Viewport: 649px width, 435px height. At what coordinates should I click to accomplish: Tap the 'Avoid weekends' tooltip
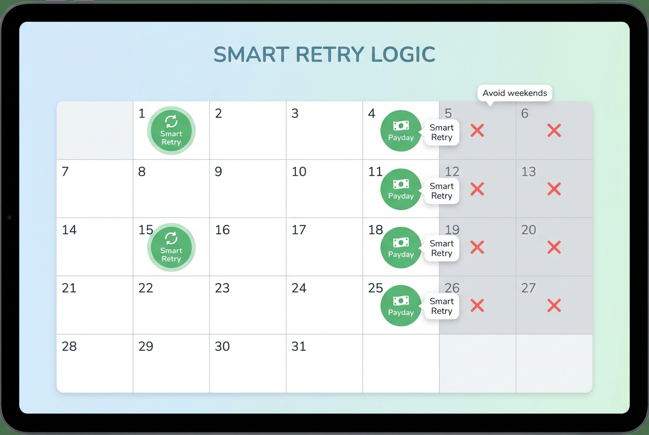[515, 93]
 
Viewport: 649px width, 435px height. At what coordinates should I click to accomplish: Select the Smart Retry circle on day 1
[171, 130]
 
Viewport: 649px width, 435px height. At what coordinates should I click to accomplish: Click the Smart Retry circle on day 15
[171, 247]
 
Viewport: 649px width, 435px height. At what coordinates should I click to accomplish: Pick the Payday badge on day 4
[400, 130]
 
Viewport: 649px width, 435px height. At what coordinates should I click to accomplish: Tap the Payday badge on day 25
[400, 305]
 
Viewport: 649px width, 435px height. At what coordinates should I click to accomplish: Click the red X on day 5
[477, 130]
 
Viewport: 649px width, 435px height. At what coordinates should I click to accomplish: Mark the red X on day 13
[553, 189]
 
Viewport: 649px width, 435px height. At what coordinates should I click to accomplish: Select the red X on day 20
[553, 247]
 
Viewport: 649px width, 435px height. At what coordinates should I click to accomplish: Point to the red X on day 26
[477, 306]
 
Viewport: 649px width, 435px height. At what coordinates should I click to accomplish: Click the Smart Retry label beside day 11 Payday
[442, 191]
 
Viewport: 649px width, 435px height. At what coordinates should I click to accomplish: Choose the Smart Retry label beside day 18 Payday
[442, 248]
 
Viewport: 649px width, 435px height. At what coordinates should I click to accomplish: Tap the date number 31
[299, 346]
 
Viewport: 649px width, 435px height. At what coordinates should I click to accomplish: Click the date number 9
[218, 172]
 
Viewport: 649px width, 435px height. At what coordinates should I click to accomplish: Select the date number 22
[146, 288]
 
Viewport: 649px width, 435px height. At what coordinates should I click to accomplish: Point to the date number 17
[299, 230]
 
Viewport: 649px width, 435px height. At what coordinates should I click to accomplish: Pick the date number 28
[69, 346]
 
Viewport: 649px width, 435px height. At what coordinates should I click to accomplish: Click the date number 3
[295, 113]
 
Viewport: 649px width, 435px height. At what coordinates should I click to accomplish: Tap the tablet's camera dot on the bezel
[9, 217]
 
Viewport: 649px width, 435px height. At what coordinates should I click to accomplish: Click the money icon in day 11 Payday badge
[400, 184]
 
